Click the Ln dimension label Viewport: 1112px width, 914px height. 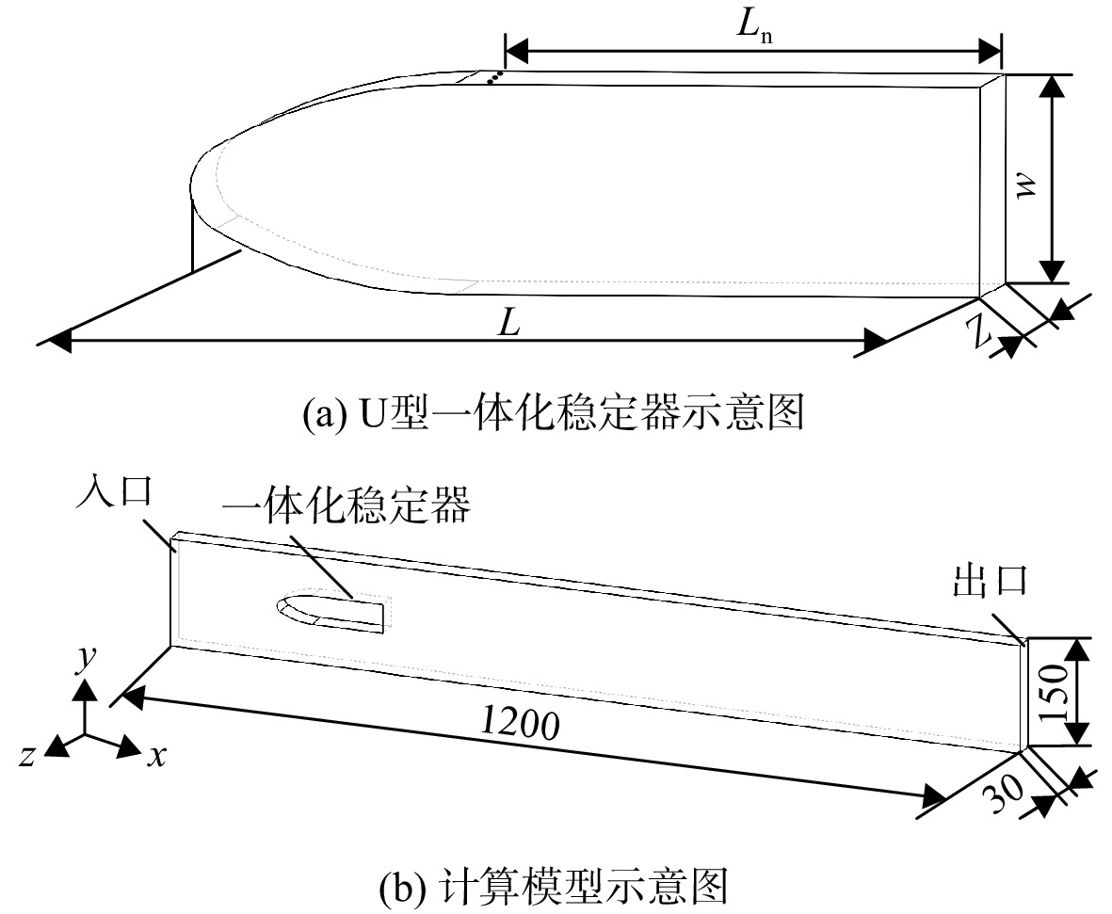(x=754, y=27)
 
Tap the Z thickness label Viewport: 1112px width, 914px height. (x=982, y=330)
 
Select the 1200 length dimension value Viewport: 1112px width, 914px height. (x=520, y=723)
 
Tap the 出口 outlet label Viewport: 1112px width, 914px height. (x=990, y=579)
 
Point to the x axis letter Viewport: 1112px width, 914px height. (x=156, y=756)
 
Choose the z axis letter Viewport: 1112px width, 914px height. (x=27, y=756)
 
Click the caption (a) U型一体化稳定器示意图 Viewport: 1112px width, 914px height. (x=553, y=412)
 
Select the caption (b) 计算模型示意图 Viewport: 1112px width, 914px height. (x=553, y=887)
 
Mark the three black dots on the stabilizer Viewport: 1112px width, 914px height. (x=494, y=77)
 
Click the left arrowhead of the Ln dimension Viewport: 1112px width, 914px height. (x=516, y=50)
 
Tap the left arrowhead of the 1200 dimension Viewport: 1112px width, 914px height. (x=133, y=698)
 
